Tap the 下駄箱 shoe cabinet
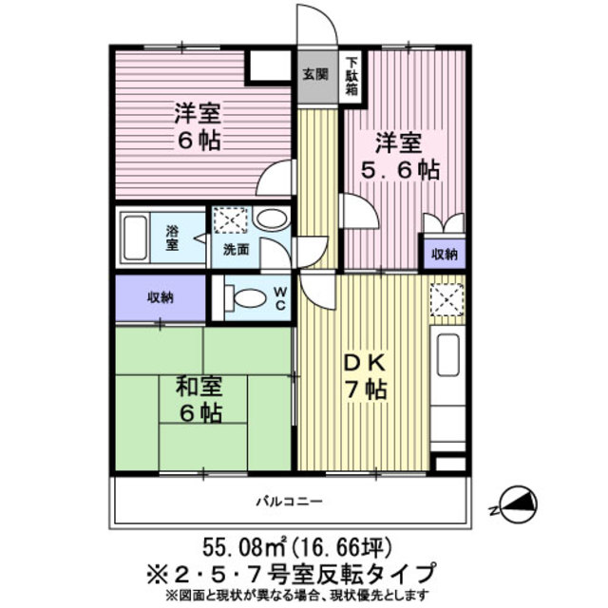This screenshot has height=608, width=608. pos(351,74)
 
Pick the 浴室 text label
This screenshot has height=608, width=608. pos(173,237)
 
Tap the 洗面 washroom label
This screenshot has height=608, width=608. pos(236,251)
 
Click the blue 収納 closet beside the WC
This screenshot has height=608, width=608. pos(160,297)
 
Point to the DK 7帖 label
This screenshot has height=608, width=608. pos(364,375)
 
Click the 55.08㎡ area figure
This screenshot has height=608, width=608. pos(244,547)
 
